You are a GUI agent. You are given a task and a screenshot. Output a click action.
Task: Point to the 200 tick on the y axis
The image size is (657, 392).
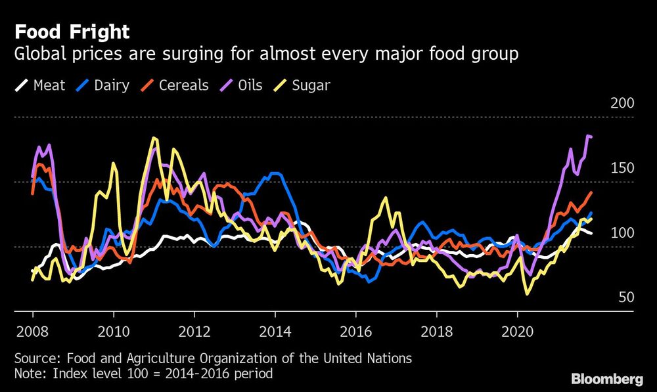(x=622, y=104)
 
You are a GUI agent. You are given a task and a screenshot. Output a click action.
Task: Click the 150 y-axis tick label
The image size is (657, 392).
(x=622, y=168)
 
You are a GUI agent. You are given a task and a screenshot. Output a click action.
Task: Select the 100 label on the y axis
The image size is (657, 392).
(x=622, y=233)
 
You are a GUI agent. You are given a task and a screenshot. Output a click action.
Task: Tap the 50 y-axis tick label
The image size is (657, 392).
(x=625, y=297)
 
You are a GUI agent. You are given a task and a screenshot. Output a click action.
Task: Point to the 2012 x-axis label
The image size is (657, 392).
(x=194, y=330)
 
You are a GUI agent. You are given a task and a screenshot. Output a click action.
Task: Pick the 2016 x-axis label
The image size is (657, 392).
(x=355, y=330)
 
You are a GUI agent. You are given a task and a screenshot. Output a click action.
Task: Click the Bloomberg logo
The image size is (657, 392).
(x=607, y=379)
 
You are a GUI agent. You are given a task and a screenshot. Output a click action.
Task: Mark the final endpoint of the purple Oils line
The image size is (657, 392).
(x=592, y=137)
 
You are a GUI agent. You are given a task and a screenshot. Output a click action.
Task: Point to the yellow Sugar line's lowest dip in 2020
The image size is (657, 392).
(x=527, y=294)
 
